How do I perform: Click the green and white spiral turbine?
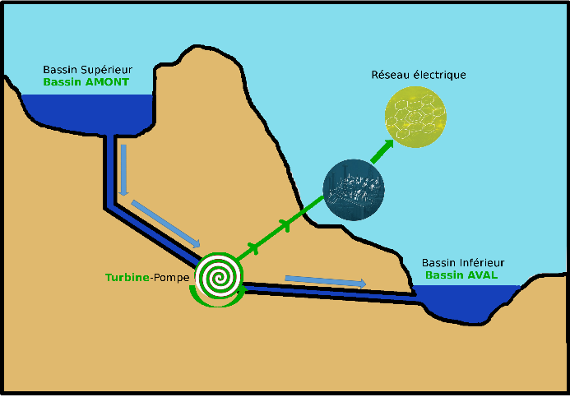point(220,277)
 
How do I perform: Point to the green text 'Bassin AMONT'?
point(86,83)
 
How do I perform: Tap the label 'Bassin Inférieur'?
point(463,263)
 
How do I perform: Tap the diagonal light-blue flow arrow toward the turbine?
point(165,222)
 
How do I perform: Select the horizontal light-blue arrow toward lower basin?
point(325,281)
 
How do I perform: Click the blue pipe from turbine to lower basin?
point(329,293)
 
